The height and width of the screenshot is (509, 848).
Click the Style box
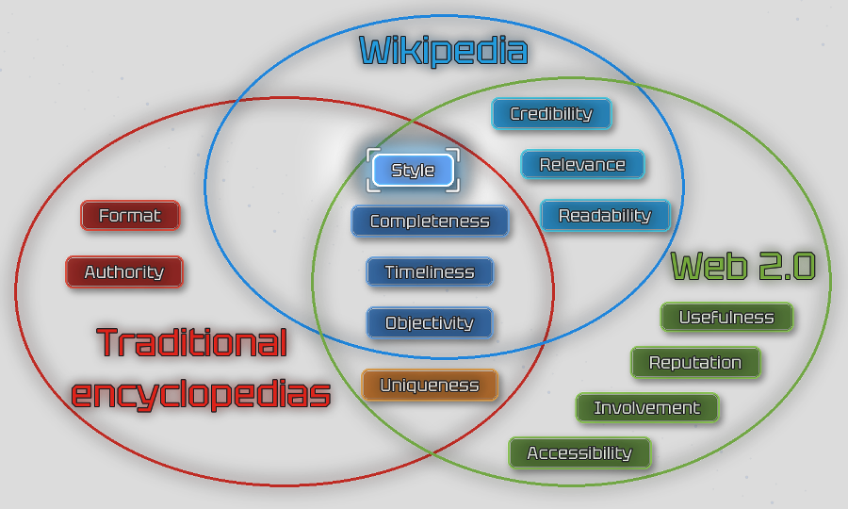[413, 171]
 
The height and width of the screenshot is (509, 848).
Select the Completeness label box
[430, 222]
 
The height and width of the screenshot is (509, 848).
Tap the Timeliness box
[430, 272]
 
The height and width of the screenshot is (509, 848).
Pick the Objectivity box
[430, 323]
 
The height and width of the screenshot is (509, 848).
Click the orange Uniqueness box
[430, 386]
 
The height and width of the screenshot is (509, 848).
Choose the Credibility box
[551, 114]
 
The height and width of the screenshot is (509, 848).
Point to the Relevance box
[582, 165]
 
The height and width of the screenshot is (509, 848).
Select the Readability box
[605, 216]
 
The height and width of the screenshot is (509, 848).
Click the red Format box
[130, 216]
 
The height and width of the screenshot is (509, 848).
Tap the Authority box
[124, 272]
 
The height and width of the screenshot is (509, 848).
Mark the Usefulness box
[726, 318]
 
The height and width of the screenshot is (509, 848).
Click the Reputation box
[695, 363]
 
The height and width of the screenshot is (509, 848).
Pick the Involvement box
[647, 408]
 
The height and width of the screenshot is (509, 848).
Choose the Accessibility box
[579, 453]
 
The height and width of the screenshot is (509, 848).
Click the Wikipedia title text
[443, 50]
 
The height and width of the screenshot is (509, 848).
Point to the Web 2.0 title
[742, 267]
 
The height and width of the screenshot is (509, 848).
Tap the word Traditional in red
[192, 342]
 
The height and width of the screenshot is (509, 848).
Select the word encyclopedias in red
[201, 394]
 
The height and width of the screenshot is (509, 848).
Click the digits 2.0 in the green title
[785, 267]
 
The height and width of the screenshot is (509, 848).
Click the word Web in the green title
[708, 267]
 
